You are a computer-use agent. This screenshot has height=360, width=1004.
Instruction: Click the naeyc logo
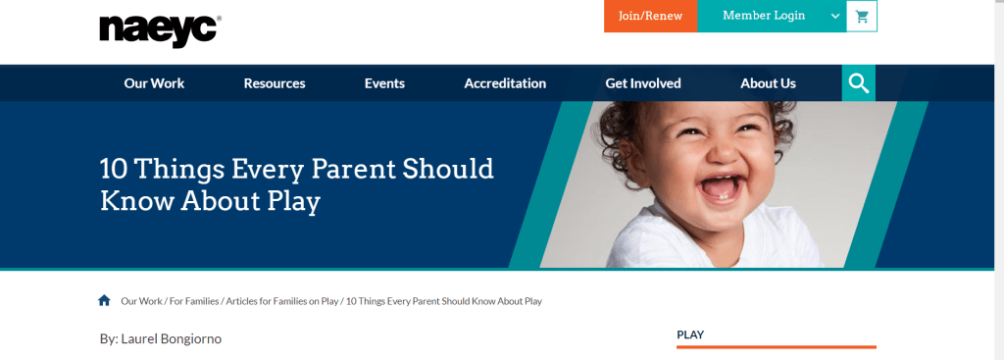161,30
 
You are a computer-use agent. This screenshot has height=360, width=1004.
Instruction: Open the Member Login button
763,16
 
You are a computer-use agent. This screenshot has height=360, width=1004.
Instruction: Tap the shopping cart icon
862,17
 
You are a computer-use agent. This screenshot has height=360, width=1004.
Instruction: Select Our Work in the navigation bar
154,83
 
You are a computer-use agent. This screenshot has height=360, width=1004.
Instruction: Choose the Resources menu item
275,83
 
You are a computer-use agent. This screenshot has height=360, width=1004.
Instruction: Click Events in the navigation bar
384,83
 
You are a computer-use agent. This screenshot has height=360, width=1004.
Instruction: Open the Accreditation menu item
505,83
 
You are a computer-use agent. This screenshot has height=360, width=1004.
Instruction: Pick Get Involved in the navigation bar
643,83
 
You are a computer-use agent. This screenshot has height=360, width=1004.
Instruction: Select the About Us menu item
769,83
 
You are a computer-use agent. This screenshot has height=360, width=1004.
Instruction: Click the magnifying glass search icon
859,83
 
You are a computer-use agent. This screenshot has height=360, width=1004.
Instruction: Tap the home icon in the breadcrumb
104,300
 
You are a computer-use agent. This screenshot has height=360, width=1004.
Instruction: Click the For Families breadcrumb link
193,301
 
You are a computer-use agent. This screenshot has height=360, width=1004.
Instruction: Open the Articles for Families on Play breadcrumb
282,301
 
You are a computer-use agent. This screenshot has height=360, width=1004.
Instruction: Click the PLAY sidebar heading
690,334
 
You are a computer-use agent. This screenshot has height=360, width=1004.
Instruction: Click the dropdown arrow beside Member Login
835,17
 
